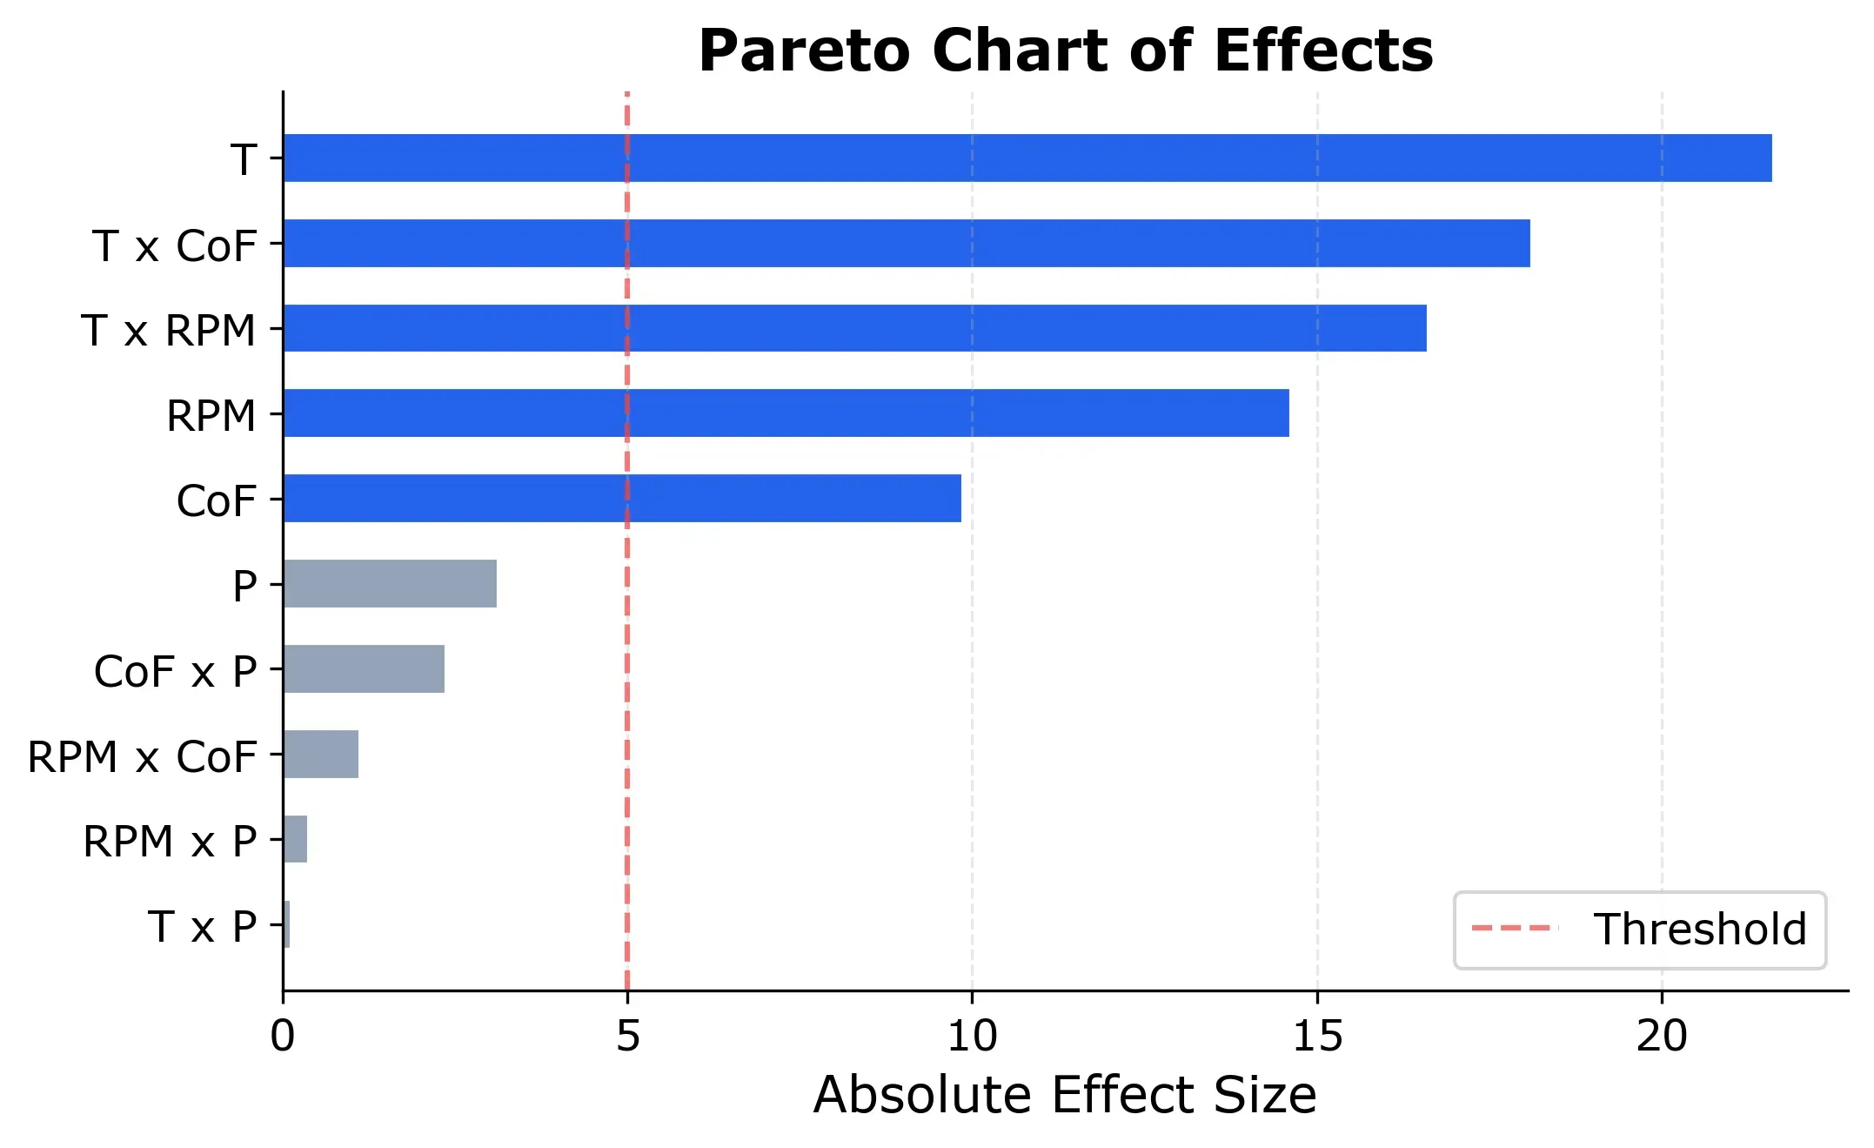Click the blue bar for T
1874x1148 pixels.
(1027, 158)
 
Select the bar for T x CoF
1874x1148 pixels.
(906, 243)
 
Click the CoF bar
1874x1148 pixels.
(621, 498)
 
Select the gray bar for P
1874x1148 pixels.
(390, 583)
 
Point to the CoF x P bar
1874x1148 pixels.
(364, 668)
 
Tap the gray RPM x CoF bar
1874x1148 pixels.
(320, 754)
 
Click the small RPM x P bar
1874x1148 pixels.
(295, 839)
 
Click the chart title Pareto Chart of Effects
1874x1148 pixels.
(1065, 50)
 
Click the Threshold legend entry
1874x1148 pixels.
(1639, 930)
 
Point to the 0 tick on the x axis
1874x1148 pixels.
(283, 1036)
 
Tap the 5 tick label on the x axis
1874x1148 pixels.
(627, 1036)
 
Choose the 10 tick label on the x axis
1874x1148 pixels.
(972, 1036)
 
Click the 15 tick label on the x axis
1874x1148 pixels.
(1316, 1036)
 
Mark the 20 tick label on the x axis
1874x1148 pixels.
(1661, 1036)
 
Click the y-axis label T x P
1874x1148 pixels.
(202, 926)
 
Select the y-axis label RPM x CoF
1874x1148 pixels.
(142, 755)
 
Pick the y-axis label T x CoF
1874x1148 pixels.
(174, 245)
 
